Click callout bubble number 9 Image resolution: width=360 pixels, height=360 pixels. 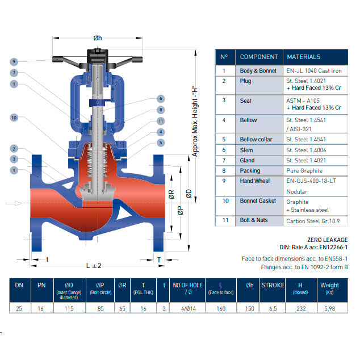click(14, 61)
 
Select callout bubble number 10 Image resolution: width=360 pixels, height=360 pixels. click(14, 118)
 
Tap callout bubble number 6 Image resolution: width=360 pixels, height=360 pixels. click(161, 99)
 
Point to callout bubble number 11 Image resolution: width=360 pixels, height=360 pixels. click(161, 121)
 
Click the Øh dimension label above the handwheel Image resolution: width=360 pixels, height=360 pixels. click(98, 38)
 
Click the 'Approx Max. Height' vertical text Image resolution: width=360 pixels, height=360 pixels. click(195, 118)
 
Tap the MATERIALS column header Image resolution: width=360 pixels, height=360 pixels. click(303, 57)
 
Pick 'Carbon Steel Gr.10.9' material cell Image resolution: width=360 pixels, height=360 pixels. click(313, 221)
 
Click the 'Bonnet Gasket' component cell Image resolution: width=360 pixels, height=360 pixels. click(258, 200)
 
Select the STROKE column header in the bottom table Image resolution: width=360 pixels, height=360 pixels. click(273, 286)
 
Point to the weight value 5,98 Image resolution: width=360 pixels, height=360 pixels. click(330, 309)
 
